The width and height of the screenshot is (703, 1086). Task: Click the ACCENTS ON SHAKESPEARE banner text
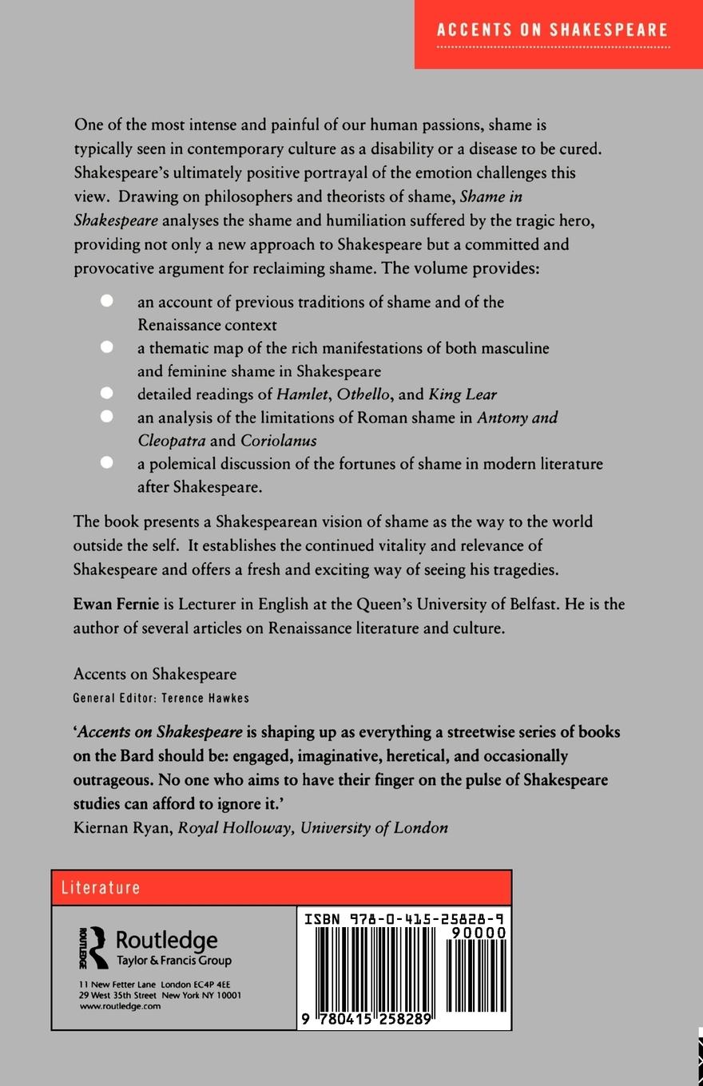[552, 30]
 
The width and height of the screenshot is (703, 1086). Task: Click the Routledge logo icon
[93, 948]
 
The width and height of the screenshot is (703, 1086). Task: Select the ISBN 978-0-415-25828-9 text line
[404, 919]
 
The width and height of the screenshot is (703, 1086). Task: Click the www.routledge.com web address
[120, 1006]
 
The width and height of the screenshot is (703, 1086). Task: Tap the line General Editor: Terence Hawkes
[161, 698]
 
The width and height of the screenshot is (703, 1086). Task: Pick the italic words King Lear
[463, 394]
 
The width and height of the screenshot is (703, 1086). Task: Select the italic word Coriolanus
[278, 440]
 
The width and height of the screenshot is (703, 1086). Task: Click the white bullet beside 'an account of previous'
[107, 301]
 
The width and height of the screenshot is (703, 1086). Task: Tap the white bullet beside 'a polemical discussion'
[107, 463]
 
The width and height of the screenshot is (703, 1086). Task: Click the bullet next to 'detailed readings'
[107, 393]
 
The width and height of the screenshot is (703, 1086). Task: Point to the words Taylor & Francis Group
[173, 961]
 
